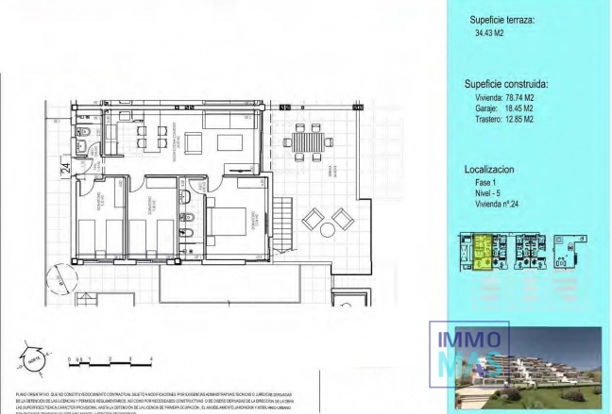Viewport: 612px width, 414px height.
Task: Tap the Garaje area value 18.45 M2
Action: point(512,108)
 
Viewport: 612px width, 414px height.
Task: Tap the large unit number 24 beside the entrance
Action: point(65,170)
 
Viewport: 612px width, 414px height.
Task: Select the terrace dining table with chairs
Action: point(308,144)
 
